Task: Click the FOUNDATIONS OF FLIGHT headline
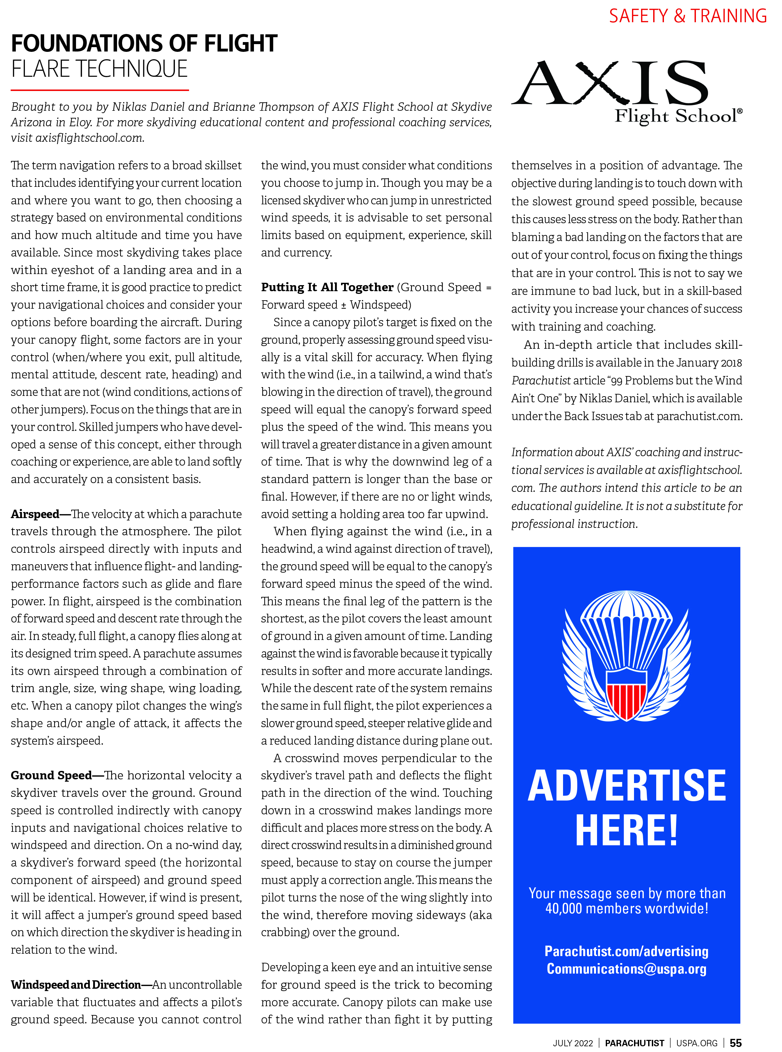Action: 144,43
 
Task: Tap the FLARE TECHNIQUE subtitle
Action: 100,69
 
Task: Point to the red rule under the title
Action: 100,90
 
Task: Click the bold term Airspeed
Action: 35,514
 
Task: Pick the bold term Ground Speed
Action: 51,775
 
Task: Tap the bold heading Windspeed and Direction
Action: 76,985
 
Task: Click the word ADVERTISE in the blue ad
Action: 626,786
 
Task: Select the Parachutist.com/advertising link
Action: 626,951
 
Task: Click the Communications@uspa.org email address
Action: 626,969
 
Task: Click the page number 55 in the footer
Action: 736,1043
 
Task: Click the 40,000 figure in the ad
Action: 563,909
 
